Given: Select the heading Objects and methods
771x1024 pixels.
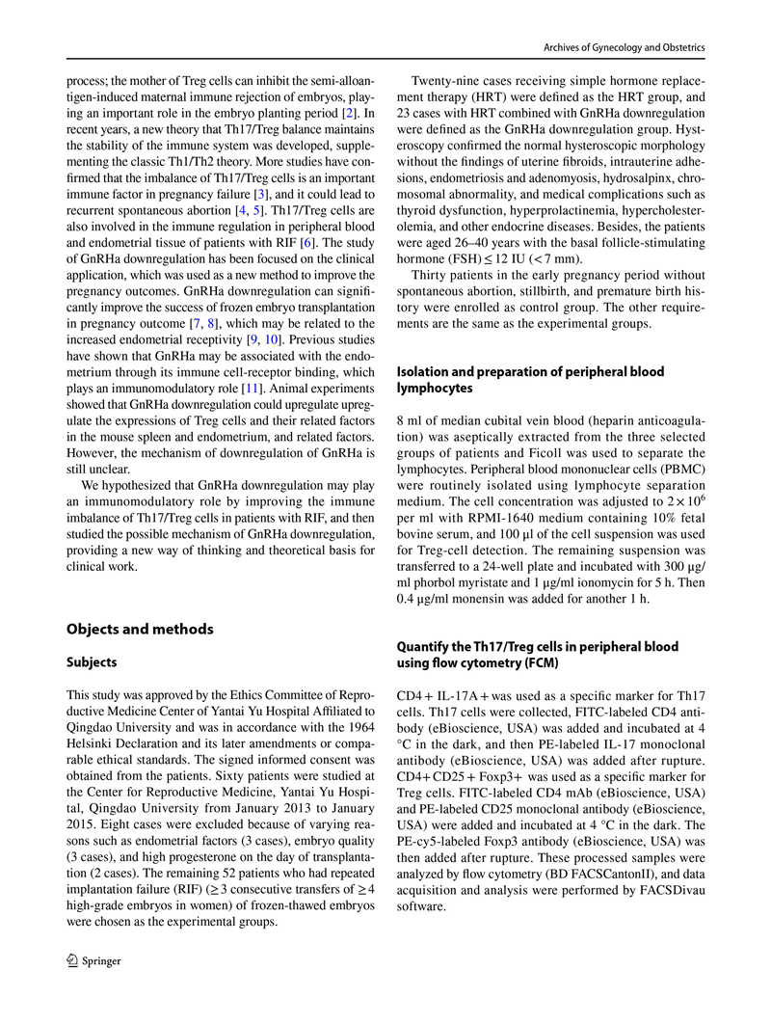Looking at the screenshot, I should point(139,629).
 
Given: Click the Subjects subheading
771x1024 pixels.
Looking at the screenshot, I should point(92,662).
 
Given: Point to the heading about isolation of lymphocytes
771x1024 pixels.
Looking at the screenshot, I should point(530,380).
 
